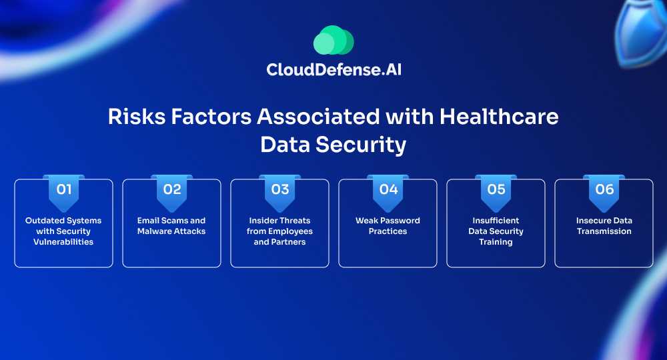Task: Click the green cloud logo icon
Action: point(333,40)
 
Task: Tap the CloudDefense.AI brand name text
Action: point(334,70)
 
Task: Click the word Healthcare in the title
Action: point(499,117)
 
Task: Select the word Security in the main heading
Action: point(361,145)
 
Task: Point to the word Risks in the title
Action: point(137,117)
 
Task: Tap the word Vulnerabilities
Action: point(63,242)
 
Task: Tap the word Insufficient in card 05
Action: point(496,221)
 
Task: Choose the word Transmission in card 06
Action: point(604,231)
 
